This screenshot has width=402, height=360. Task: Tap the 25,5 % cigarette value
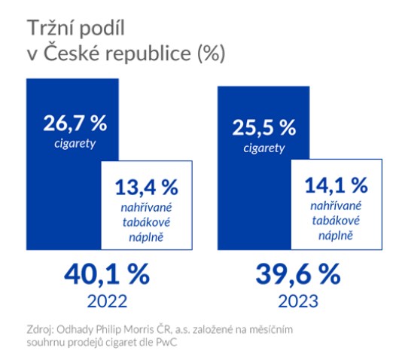(263, 126)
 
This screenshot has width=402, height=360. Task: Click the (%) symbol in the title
(210, 54)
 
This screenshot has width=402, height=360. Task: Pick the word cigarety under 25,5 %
(263, 146)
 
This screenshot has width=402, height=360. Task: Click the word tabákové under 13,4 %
(148, 223)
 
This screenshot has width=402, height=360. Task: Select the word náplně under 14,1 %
(336, 238)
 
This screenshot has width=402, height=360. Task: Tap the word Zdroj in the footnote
(38, 329)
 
